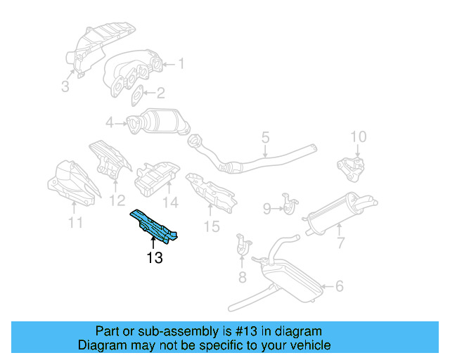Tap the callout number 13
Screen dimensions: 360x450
tap(155, 258)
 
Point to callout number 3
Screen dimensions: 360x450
tap(65, 86)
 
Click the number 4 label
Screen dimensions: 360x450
tap(110, 124)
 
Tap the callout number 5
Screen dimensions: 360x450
tap(265, 138)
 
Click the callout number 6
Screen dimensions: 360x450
tap(339, 286)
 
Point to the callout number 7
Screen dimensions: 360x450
tap(340, 243)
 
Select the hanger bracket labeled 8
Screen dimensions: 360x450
tap(242, 245)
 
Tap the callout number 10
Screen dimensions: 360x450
tap(358, 136)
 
